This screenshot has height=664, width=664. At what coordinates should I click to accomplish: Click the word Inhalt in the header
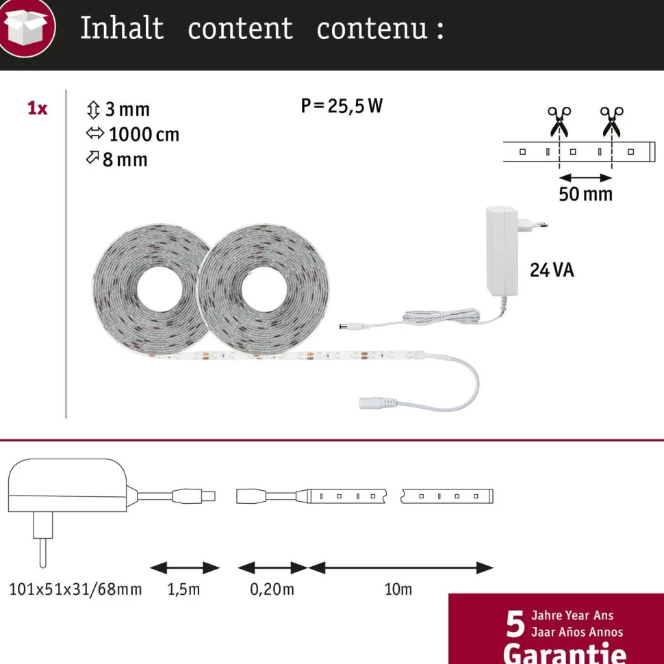pyautogui.click(x=122, y=28)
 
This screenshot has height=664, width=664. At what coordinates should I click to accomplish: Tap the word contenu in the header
pyautogui.click(x=372, y=29)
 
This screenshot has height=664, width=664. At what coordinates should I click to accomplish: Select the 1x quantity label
pyautogui.click(x=37, y=108)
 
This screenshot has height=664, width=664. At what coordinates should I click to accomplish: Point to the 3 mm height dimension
pyautogui.click(x=118, y=110)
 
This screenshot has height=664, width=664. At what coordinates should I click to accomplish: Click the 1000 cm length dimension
pyautogui.click(x=133, y=135)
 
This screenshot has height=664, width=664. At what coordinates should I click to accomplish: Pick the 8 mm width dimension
pyautogui.click(x=117, y=159)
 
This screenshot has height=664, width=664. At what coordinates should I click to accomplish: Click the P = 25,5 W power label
pyautogui.click(x=342, y=105)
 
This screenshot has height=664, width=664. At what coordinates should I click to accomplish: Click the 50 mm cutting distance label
pyautogui.click(x=586, y=194)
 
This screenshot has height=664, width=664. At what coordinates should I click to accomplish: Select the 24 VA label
pyautogui.click(x=552, y=270)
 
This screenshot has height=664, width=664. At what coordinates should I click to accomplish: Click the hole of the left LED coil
pyautogui.click(x=159, y=290)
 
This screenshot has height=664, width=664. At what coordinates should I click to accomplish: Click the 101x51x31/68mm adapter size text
pyautogui.click(x=75, y=589)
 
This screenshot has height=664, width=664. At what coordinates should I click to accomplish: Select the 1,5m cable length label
pyautogui.click(x=183, y=589)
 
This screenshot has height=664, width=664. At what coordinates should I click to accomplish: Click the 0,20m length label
pyautogui.click(x=272, y=589)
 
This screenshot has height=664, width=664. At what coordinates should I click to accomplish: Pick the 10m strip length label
pyautogui.click(x=398, y=589)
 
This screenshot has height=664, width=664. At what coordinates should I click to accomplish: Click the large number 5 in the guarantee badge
pyautogui.click(x=515, y=624)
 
